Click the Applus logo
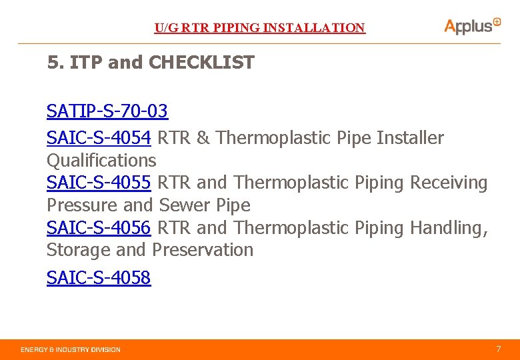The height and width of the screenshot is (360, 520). [x=472, y=26]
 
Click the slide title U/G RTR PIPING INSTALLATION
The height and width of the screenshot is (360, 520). [x=260, y=28]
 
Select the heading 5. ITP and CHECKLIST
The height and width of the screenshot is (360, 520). [x=151, y=63]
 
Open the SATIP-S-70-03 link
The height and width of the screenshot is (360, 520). [x=107, y=111]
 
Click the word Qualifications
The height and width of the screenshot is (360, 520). [x=101, y=161]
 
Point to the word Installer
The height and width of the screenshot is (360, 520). [x=410, y=138]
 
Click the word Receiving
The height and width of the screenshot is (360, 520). [x=449, y=183]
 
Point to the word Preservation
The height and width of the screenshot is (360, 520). [x=203, y=250]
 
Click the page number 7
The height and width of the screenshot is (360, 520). [x=498, y=349]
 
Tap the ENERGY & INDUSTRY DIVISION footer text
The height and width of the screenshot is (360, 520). [x=71, y=349]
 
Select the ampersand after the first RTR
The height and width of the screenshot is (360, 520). [x=203, y=138]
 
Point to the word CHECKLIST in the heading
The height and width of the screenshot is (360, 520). [x=202, y=63]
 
